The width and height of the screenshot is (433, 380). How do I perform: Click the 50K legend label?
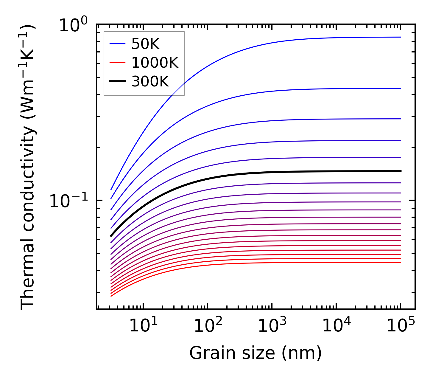pyautogui.click(x=145, y=44)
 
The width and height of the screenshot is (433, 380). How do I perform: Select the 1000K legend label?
pyautogui.click(x=155, y=63)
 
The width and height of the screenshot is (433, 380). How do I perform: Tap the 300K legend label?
pyautogui.click(x=150, y=81)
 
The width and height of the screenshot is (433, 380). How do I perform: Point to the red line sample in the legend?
pyautogui.click(x=118, y=63)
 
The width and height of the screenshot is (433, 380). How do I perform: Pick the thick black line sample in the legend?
pyautogui.click(x=118, y=81)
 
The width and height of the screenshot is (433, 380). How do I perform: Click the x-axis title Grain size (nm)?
pyautogui.click(x=256, y=353)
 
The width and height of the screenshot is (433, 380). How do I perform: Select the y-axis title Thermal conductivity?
pyautogui.click(x=28, y=167)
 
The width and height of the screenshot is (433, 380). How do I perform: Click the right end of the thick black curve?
pyautogui.click(x=401, y=171)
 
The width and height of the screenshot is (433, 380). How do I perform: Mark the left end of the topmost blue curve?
pyautogui.click(x=111, y=189)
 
